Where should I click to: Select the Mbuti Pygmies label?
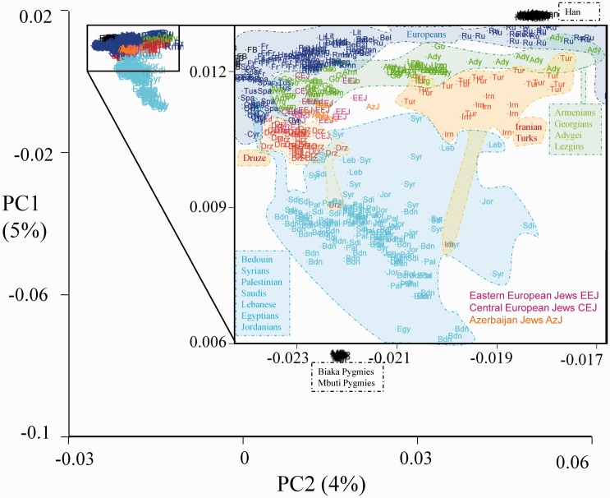346,383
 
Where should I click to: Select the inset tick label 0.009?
213,206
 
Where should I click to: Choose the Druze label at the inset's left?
253,156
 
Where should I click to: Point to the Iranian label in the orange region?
534,127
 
